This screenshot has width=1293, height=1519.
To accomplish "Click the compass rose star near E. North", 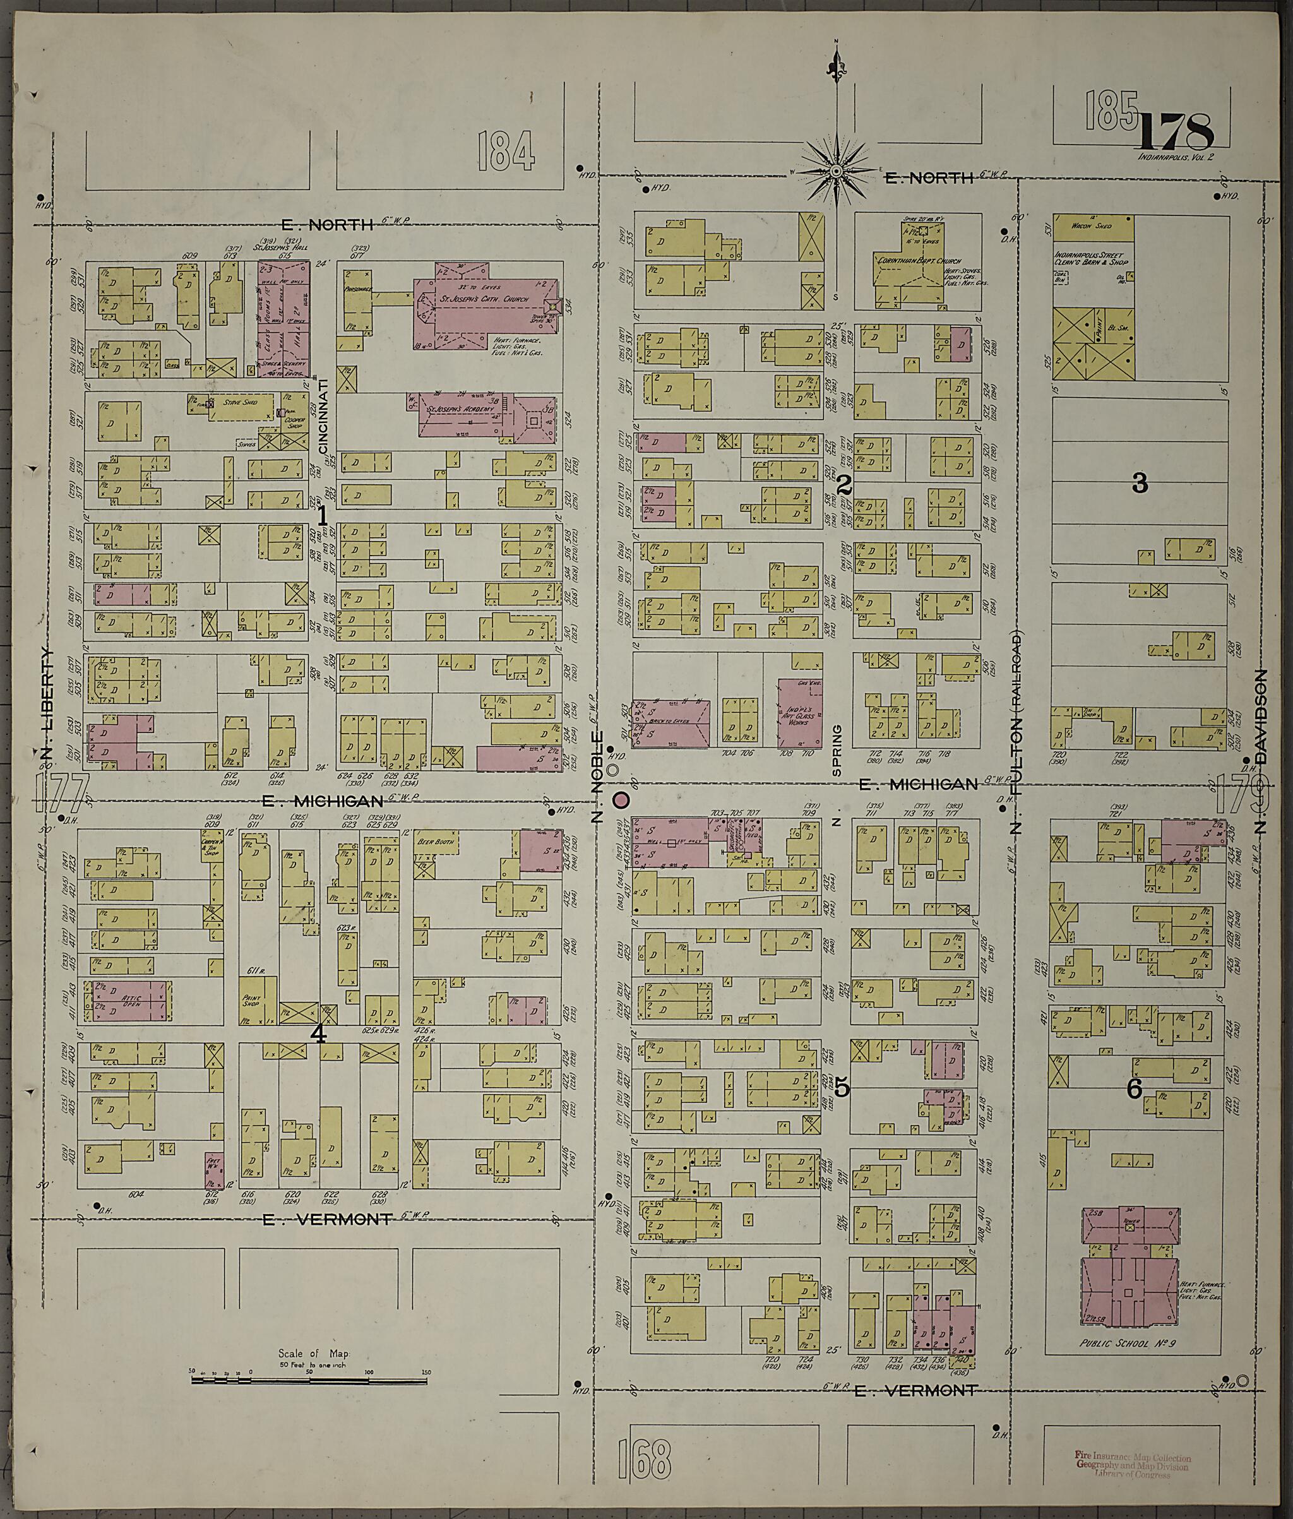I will pyautogui.click(x=836, y=172).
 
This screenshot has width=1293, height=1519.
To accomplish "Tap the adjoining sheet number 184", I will pyautogui.click(x=506, y=151).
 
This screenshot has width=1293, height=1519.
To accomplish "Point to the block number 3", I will pyautogui.click(x=1140, y=483).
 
